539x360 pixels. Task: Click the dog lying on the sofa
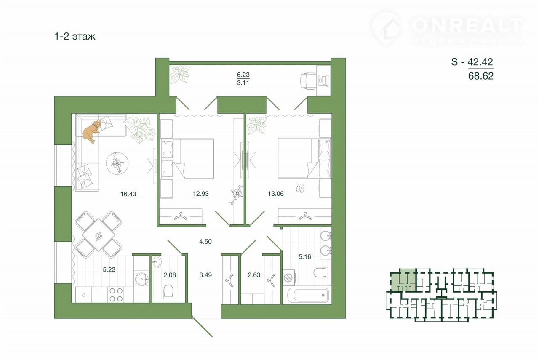[x=91, y=132]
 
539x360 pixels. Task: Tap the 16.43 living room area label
[x=128, y=194]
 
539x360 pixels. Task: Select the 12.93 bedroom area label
[x=201, y=194]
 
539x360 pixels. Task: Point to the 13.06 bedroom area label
[x=276, y=194]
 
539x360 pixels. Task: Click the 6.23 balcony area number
[x=243, y=75]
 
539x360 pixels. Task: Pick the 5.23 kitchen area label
[x=109, y=269]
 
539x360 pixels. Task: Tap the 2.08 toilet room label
[x=170, y=275]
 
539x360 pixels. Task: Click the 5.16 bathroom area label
[x=305, y=257]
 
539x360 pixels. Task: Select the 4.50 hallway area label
[x=205, y=241]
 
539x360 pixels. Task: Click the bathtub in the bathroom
[x=309, y=295]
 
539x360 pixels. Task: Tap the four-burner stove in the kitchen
[x=116, y=295]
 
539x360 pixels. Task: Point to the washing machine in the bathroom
[x=289, y=277]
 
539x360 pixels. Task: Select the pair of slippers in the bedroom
[x=300, y=188]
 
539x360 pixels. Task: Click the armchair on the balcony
[x=308, y=81]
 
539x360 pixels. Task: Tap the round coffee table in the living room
[x=117, y=164]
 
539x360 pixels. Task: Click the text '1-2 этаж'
[x=75, y=36]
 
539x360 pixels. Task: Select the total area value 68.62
[x=481, y=76]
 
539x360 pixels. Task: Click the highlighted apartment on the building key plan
[x=403, y=281]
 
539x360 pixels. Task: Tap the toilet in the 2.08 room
[x=168, y=291]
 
